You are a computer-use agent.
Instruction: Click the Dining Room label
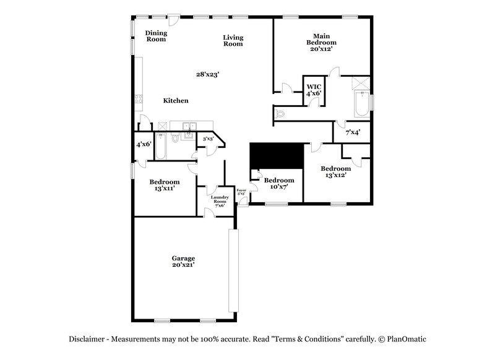pos(156,36)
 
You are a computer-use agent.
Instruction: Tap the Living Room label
pos(233,41)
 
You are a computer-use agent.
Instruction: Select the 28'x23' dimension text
pos(208,74)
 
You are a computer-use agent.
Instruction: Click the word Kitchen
pos(176,101)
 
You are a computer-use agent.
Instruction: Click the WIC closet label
pos(314,90)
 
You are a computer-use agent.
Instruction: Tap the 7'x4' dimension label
pos(353,132)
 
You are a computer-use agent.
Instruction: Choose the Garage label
pos(184,261)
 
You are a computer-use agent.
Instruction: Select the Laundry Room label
pos(220,200)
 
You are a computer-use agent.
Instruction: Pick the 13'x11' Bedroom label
pos(165,185)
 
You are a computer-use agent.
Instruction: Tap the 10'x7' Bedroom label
pos(280,184)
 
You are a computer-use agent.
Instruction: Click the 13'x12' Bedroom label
pos(335,171)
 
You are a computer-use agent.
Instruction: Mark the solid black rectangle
pos(276,155)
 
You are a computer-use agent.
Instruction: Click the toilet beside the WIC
pos(280,113)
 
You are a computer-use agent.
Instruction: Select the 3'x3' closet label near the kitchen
pos(208,139)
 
